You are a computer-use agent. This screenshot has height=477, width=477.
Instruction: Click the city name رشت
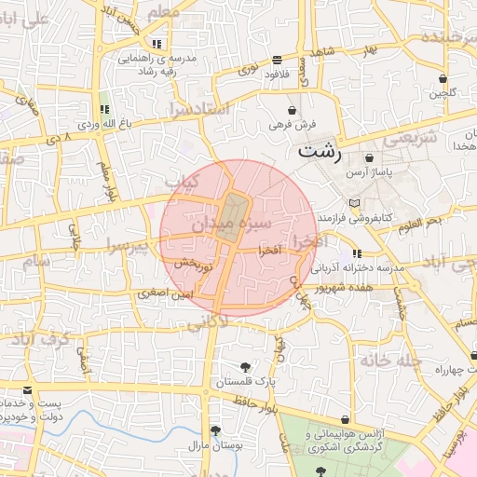[320, 150]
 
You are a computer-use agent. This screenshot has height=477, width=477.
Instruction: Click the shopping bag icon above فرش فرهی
[293, 110]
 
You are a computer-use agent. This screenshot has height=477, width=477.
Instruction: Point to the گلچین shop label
[443, 93]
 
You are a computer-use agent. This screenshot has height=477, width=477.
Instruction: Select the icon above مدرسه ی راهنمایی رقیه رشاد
[157, 43]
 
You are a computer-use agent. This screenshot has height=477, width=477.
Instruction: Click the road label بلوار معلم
[105, 177]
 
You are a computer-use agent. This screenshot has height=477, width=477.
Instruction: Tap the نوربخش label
[195, 266]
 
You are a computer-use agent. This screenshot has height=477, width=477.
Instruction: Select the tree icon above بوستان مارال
[216, 430]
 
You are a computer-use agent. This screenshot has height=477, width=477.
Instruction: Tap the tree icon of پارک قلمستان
[245, 367]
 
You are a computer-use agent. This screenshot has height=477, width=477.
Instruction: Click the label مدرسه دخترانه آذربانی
[358, 267]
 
